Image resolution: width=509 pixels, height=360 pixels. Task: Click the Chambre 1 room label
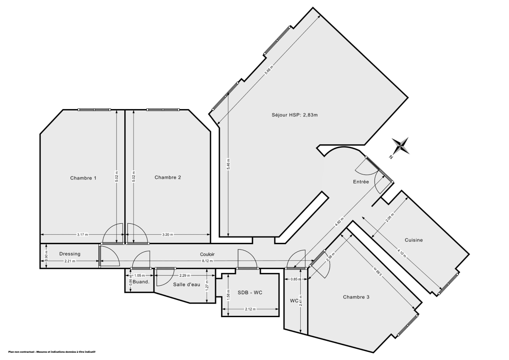click(83, 178)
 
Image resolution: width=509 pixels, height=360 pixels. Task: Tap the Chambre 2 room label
click(168, 177)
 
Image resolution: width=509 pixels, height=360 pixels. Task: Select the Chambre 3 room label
click(356, 297)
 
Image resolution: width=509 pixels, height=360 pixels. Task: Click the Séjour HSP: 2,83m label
click(295, 115)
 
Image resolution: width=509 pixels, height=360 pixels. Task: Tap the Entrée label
click(361, 182)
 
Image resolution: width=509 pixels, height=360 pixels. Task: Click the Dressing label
click(70, 254)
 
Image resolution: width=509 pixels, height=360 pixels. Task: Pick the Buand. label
click(140, 282)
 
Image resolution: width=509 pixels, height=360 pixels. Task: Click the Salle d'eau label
click(186, 284)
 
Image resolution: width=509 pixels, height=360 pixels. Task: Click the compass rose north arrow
click(400, 146)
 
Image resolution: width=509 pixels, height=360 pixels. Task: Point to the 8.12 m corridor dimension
click(207, 261)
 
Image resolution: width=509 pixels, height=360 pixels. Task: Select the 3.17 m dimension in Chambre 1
click(82, 234)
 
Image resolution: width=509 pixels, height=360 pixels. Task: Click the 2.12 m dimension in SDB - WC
click(250, 309)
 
